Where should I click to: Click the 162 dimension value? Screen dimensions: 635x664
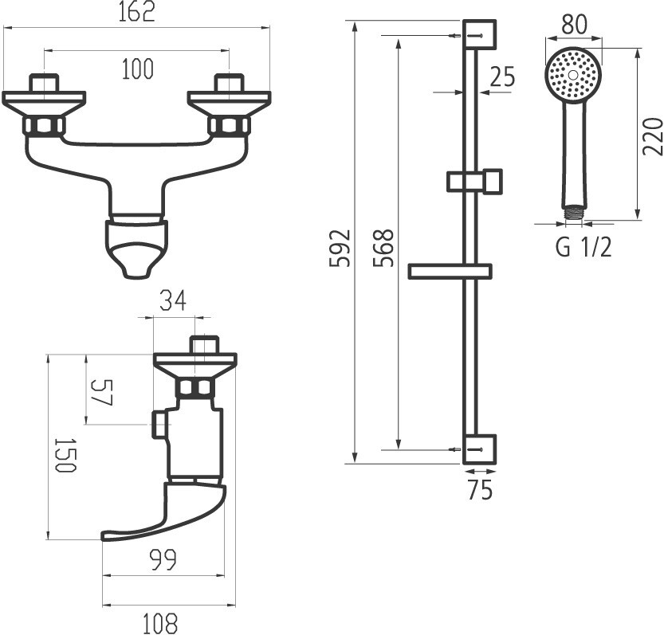[x=136, y=13]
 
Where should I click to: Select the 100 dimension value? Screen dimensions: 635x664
[x=137, y=70]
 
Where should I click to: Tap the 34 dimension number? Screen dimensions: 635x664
[x=173, y=301]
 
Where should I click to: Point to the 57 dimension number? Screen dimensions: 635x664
[x=101, y=392]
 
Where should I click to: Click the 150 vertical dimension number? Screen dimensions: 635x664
[x=65, y=456]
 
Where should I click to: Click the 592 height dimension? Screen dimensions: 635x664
[x=340, y=249]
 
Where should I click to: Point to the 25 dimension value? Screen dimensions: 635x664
[x=502, y=76]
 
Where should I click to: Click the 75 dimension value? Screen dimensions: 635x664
[x=479, y=491]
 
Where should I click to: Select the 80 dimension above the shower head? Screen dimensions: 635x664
[x=574, y=25]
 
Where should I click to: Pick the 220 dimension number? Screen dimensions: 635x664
[x=652, y=135]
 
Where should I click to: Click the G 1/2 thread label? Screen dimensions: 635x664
[x=583, y=248]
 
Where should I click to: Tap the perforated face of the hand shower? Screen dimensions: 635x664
[x=573, y=74]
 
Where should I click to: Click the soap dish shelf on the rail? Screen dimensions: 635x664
[x=449, y=271]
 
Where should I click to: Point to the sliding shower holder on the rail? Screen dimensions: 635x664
[x=475, y=181]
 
